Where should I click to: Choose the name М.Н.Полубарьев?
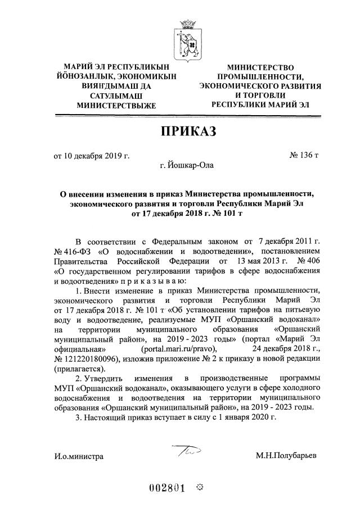coord(285,456)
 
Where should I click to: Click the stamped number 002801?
coord(169,488)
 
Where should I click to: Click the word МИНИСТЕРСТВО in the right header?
coord(260,67)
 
